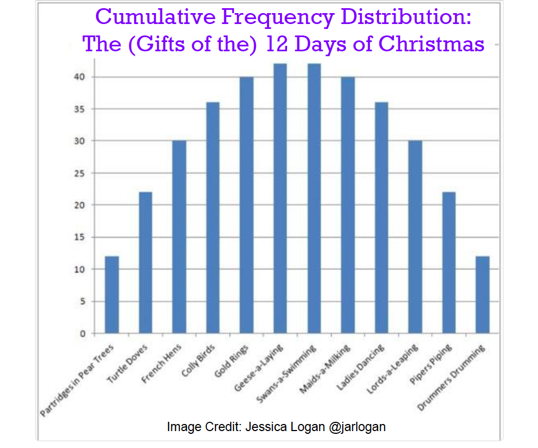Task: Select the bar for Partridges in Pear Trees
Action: [x=112, y=295]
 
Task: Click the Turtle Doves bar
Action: [x=146, y=262]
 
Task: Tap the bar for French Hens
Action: [x=179, y=237]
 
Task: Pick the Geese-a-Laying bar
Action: [x=280, y=199]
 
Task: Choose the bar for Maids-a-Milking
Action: [x=348, y=205]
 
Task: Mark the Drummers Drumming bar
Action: [x=482, y=295]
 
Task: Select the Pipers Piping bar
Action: [x=449, y=262]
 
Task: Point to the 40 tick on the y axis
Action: [x=81, y=77]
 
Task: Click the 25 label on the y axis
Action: [x=81, y=174]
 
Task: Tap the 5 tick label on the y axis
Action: [x=83, y=301]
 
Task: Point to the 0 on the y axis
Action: [x=83, y=333]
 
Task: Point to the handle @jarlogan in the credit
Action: [x=357, y=427]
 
